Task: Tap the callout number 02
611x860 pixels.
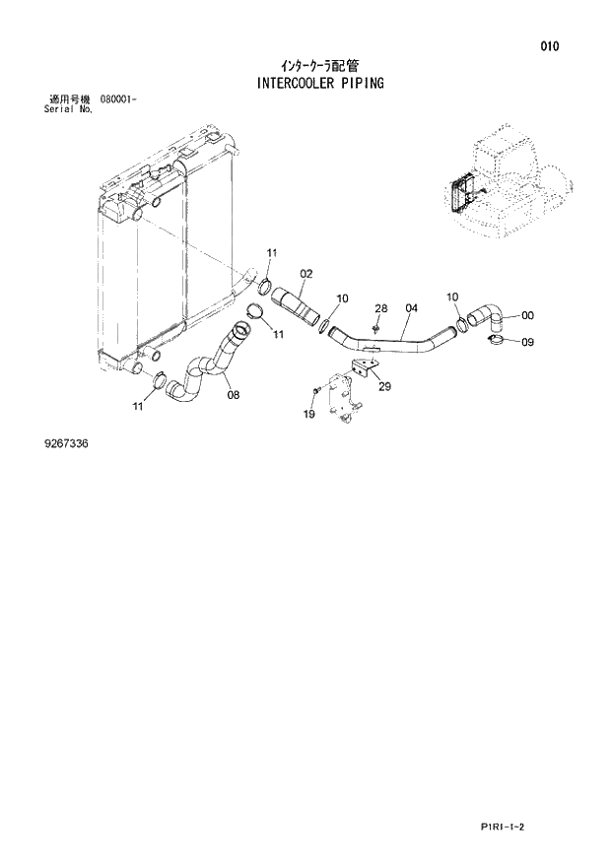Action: pos(306,273)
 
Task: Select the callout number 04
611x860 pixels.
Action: pos(411,308)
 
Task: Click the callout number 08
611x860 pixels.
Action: pos(233,395)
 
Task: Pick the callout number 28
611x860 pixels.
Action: pos(380,308)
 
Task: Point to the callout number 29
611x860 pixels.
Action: pos(384,387)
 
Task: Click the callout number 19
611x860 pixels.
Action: pos(308,415)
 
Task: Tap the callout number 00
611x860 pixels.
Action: pos(527,316)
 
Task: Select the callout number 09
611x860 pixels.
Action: pos(527,343)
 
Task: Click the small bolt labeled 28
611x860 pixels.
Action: pos(377,328)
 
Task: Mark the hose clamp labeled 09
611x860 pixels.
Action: pos(499,341)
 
